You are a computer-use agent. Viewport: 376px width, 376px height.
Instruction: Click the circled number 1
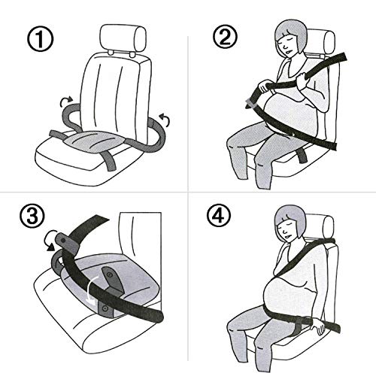[x=40, y=40]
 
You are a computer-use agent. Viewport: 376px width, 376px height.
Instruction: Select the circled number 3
[x=32, y=215]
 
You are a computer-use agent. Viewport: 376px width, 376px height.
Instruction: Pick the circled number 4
[x=219, y=215]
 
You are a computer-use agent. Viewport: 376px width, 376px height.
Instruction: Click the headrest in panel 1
[x=123, y=38]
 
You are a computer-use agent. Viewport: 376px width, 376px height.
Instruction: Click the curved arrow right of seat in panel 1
[x=165, y=120]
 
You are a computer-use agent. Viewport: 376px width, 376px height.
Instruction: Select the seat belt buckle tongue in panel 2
[x=251, y=104]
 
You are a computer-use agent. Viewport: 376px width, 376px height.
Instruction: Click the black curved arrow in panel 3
[x=50, y=241]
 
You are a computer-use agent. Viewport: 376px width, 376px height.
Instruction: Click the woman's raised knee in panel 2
[x=238, y=144]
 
